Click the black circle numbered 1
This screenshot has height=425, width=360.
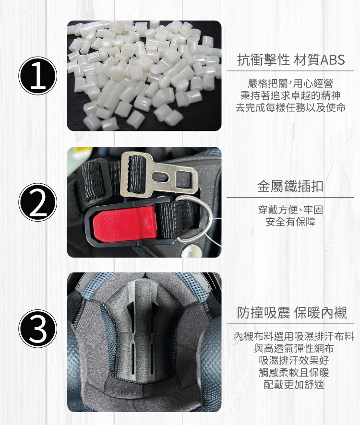point(38,76)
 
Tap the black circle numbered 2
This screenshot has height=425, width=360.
point(38,202)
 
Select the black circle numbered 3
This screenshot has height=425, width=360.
point(38,329)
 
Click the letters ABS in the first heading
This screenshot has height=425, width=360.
point(333,59)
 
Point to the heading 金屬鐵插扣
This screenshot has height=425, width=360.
point(290,186)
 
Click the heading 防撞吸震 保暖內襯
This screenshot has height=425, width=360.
point(292,313)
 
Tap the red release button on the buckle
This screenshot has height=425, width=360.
point(125,222)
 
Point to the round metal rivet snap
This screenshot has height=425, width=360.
point(192,251)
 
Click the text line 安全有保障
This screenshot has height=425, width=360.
point(290,222)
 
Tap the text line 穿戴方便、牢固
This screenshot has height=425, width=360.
point(290,210)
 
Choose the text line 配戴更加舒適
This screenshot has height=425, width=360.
point(294,384)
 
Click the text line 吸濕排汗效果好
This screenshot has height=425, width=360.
point(294,360)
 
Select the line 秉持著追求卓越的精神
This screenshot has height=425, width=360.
point(290,95)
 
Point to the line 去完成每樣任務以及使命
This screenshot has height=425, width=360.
point(290,107)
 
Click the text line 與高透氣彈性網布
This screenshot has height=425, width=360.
point(294,348)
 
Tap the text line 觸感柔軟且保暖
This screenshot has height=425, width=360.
point(294,372)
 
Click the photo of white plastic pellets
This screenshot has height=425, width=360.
point(144,76)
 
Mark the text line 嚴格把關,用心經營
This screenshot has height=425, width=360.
point(290,83)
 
